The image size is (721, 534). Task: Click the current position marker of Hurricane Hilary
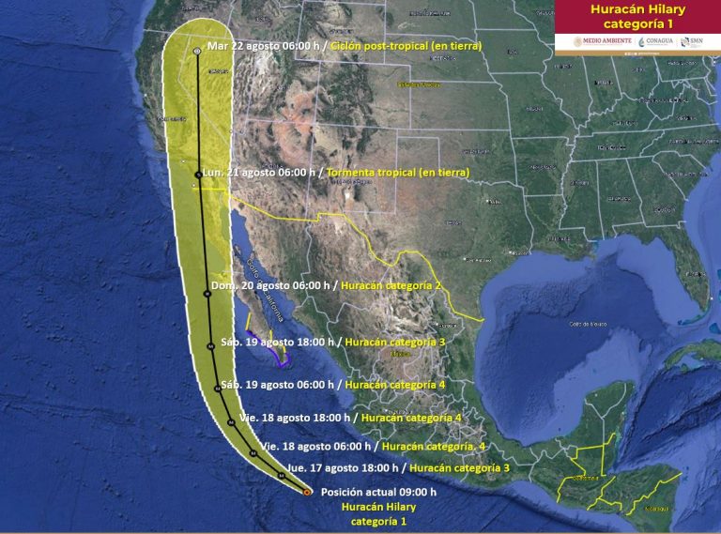coord(308,491)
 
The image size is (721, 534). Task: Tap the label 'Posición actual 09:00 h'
coord(378,492)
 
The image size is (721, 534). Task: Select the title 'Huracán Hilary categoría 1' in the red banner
coord(637,16)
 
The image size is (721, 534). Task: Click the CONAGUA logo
coord(655,41)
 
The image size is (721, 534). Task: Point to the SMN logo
coord(692,41)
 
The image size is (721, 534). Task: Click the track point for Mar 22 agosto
coord(196,51)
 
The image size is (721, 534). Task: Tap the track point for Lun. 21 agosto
coord(198,174)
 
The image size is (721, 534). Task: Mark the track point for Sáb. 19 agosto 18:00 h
coord(210,346)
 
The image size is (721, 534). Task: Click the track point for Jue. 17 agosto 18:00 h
coord(281,475)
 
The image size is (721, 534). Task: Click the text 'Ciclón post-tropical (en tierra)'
coord(409,46)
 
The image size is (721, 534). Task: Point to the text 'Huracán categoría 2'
coord(391,285)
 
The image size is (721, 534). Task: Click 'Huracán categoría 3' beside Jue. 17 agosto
coord(459,467)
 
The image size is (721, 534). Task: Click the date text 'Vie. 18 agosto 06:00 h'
coord(316,446)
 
